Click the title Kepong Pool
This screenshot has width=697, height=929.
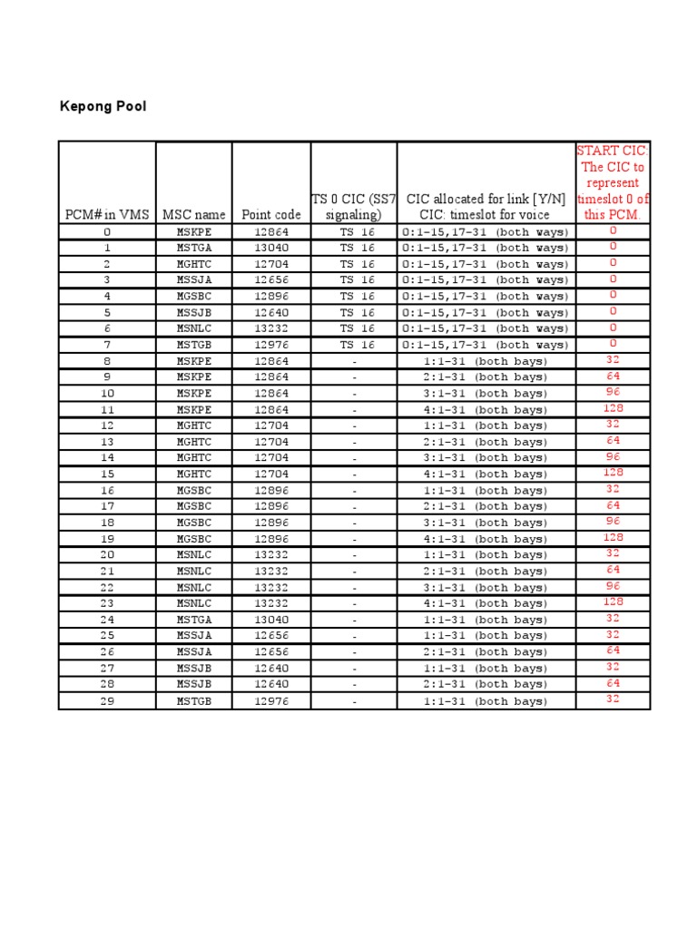pos(103,107)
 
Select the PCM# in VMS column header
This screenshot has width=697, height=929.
pos(107,215)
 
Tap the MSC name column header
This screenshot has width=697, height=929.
pos(193,215)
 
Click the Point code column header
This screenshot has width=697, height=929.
pos(271,215)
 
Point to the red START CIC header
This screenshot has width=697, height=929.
pos(614,182)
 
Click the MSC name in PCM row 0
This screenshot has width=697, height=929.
pos(193,232)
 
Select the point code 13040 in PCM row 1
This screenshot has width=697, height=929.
pos(271,248)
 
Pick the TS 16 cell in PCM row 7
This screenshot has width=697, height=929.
pos(354,345)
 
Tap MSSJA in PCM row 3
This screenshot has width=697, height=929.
pos(193,280)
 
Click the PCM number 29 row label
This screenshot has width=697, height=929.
pos(107,700)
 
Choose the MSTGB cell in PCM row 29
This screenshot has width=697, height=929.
pos(193,700)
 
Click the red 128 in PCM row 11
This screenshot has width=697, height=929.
pos(614,408)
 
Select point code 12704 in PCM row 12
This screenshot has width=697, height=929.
pos(271,425)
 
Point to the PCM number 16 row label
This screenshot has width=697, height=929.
pos(107,490)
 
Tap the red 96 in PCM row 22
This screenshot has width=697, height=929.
pos(614,586)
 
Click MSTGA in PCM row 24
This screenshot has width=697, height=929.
pos(193,620)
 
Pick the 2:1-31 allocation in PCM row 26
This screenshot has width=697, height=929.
pos(486,652)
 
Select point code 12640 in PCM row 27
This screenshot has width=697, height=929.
pos(271,668)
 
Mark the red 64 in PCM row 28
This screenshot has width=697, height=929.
pos(614,683)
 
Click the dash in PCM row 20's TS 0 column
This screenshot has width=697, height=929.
pos(354,555)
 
